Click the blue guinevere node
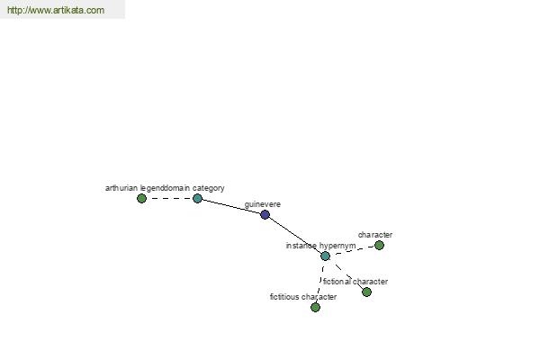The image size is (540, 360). click(265, 214)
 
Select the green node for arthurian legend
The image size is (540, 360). click(141, 198)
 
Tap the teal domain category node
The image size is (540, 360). click(197, 198)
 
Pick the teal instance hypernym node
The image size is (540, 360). click(325, 256)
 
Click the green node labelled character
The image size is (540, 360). click(379, 246)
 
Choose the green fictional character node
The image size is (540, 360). click(367, 292)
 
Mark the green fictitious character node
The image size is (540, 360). click(315, 307)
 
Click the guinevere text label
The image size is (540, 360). click(263, 204)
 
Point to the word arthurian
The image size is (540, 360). click(121, 188)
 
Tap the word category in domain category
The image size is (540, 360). click(209, 188)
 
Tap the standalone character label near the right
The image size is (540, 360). click(375, 235)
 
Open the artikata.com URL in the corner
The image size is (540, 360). click(56, 10)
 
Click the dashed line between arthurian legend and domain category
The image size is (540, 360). click(169, 198)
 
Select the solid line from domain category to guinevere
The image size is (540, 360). click(231, 207)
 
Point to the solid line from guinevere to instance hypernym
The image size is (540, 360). click(295, 235)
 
